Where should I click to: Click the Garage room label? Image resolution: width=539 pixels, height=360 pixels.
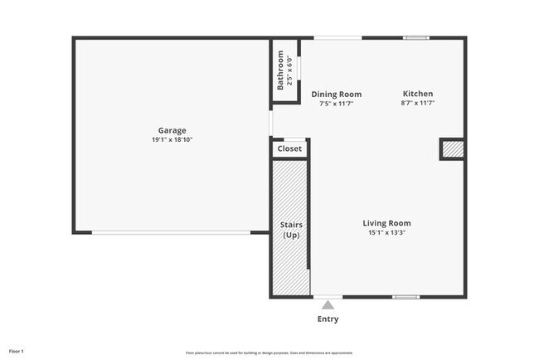click(172, 130)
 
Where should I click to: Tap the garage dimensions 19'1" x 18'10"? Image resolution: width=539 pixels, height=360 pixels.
click(172, 139)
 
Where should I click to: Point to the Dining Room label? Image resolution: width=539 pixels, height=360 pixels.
click(336, 94)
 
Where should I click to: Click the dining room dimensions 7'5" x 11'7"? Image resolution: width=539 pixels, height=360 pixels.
click(336, 103)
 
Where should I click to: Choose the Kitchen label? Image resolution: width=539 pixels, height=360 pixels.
click(418, 94)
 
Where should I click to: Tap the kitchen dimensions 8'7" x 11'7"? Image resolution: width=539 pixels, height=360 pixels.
click(418, 103)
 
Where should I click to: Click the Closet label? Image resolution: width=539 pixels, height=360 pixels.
click(289, 148)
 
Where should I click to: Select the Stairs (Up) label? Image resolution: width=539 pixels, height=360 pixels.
click(291, 229)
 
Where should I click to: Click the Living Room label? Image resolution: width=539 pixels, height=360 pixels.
click(386, 223)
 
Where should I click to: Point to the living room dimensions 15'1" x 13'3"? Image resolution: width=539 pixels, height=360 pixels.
click(386, 232)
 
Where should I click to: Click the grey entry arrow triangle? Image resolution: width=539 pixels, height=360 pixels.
click(328, 305)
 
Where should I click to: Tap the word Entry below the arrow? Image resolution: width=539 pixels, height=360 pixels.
click(328, 319)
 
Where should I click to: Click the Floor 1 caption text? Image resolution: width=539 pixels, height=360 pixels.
click(17, 351)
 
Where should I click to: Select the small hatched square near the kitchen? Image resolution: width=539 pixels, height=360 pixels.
click(451, 149)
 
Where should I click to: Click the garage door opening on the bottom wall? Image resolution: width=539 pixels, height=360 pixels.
click(171, 232)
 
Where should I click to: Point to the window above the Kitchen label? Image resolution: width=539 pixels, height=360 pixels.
click(416, 37)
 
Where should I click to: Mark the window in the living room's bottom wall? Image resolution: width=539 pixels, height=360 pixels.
click(405, 297)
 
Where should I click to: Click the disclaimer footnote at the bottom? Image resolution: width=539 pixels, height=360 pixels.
click(269, 352)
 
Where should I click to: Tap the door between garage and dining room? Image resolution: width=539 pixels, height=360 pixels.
click(271, 123)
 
